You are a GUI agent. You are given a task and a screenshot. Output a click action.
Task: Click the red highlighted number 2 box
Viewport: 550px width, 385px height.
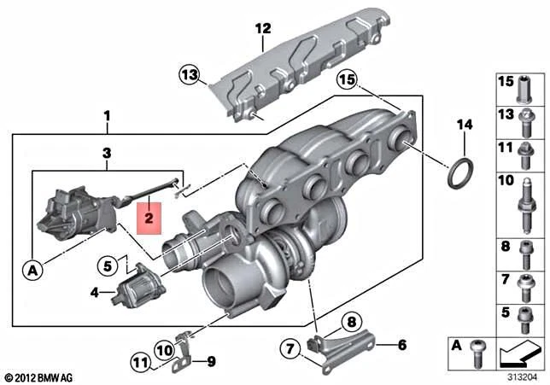(149, 218)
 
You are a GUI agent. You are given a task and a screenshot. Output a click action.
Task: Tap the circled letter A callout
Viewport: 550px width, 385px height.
(32, 271)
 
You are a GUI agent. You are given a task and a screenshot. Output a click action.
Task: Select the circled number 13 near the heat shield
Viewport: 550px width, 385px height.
(190, 74)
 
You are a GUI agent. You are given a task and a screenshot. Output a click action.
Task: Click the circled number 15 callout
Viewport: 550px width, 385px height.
(347, 80)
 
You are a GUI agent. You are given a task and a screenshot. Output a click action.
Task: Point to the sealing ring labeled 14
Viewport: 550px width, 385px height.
(460, 173)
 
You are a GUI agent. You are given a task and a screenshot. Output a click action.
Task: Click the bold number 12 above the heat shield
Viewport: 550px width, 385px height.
(263, 28)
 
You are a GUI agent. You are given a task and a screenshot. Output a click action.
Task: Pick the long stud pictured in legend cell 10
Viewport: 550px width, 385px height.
(526, 206)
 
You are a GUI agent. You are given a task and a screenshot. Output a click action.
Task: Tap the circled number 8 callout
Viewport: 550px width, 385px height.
(352, 321)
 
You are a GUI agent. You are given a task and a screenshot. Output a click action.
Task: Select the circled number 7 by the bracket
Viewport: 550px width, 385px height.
(290, 349)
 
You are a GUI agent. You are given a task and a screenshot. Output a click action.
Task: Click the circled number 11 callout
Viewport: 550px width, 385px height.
(142, 363)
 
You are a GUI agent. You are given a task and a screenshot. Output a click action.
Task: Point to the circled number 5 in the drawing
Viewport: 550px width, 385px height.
(108, 265)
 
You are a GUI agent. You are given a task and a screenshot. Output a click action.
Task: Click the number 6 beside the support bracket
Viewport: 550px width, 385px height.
(402, 345)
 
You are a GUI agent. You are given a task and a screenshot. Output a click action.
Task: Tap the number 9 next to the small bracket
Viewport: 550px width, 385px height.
(211, 361)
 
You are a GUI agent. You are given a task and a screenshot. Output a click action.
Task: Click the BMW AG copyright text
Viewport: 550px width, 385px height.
(39, 377)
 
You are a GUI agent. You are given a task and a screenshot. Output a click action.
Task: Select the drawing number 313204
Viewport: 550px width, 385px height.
(523, 377)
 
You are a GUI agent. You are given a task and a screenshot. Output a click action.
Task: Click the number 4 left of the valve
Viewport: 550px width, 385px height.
(95, 292)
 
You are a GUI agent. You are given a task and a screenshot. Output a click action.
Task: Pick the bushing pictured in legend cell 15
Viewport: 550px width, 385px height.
(524, 90)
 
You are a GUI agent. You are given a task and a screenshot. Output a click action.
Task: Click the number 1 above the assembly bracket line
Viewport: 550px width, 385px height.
(107, 116)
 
